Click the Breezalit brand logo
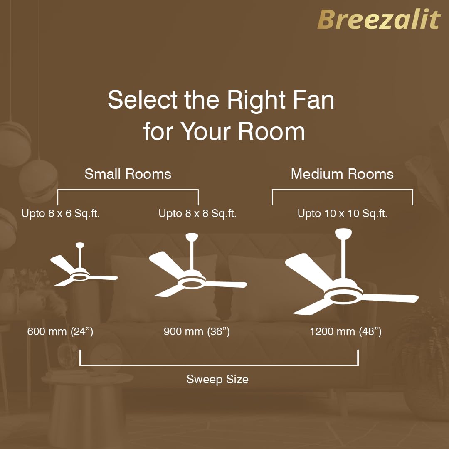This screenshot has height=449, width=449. pos(379,19)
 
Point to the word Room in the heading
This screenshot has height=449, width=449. pos(271,131)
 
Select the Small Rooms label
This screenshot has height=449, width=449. pos(128,174)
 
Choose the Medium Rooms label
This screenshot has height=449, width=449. pos(342,174)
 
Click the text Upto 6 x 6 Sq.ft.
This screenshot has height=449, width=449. pos(60,213)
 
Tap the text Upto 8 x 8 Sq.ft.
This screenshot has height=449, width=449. pos(197,213)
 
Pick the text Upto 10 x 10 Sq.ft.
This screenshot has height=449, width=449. pos(343,213)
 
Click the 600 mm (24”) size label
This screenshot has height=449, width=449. pos(60,331)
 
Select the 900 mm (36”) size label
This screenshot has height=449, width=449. pos(197,331)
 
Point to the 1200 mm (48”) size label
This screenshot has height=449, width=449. pos(345,331)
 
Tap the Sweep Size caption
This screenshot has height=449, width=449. pos(217,379)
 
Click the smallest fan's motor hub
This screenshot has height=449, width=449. pos(80,275)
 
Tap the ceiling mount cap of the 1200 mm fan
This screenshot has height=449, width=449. pos(343,233)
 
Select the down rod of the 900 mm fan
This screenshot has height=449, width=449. pos(192,255)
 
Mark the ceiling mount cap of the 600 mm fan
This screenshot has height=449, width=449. pos(80,245)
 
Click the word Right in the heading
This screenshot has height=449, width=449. pos(256,101)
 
